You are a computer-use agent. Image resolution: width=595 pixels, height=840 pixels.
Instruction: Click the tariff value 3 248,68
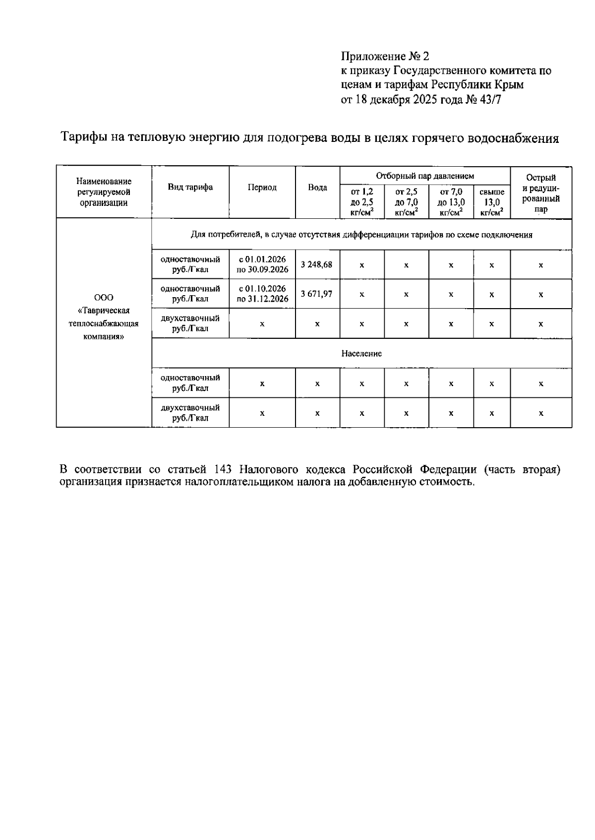[316, 264]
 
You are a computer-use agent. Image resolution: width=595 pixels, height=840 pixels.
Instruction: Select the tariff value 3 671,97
[316, 294]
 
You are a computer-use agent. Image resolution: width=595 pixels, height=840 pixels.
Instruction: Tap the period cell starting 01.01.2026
[262, 264]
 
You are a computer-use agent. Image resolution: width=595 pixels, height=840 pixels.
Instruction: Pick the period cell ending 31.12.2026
[262, 294]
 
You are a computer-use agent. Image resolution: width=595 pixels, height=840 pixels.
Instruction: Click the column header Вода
[317, 188]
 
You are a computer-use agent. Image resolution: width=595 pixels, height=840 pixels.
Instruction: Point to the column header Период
[262, 188]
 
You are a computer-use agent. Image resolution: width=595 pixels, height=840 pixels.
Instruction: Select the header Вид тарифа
[190, 187]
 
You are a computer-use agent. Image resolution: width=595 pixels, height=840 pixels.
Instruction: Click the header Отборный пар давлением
[425, 176]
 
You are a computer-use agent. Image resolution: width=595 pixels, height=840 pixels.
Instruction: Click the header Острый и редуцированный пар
[541, 193]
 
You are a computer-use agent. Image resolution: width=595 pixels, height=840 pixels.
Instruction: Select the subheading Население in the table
[361, 354]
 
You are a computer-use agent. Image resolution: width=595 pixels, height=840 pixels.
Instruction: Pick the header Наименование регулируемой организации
[104, 192]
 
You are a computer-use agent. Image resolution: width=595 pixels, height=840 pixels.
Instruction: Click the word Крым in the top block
[509, 85]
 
